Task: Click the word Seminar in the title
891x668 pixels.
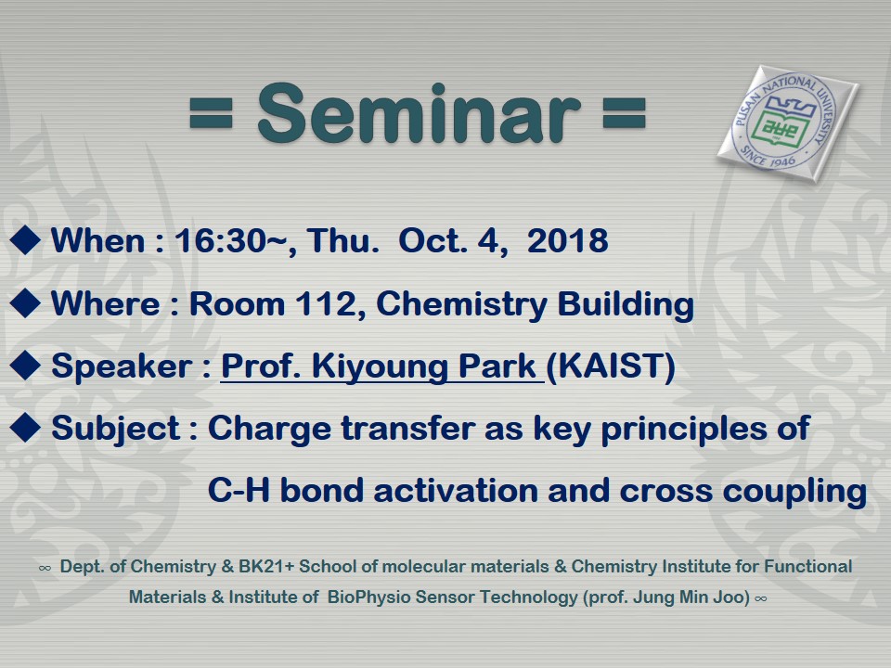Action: click(419, 113)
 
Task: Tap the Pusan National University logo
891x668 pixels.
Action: click(788, 122)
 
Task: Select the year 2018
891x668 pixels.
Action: click(568, 240)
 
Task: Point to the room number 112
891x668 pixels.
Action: click(330, 303)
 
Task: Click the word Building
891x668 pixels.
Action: click(626, 305)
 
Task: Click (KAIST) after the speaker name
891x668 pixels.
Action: click(611, 366)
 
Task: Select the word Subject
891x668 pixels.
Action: click(116, 429)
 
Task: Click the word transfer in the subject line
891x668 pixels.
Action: click(408, 428)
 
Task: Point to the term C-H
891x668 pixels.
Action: click(239, 490)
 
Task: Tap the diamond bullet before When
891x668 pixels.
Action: click(25, 239)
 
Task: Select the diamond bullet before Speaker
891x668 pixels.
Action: click(25, 366)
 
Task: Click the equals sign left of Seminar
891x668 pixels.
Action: click(211, 113)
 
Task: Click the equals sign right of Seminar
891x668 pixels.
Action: click(624, 113)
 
